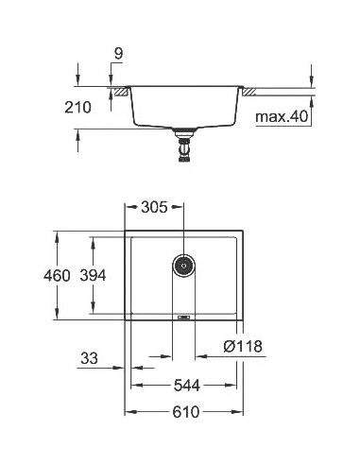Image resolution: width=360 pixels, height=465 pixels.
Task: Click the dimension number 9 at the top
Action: coord(117,56)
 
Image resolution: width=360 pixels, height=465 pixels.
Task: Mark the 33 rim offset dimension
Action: coord(90,358)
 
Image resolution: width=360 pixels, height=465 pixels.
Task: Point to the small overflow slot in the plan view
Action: coord(183,318)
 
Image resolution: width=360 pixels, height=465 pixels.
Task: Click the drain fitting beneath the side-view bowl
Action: coord(183,148)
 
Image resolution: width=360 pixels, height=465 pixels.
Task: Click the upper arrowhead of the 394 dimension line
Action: coord(93,239)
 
